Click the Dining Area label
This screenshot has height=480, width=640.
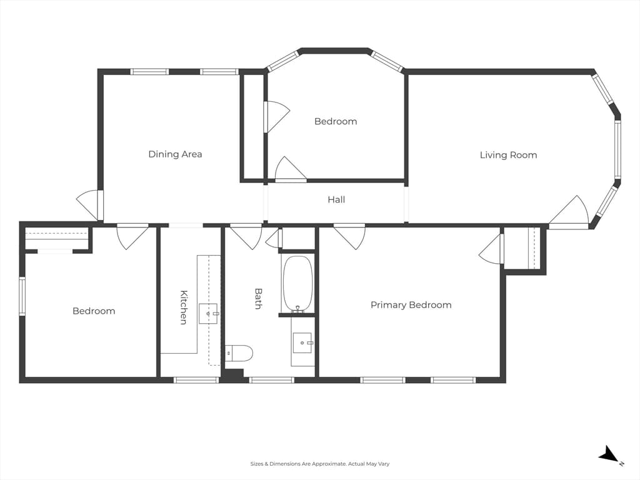tap(175, 154)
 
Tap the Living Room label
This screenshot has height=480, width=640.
tap(508, 155)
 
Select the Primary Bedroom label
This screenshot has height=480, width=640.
tap(411, 305)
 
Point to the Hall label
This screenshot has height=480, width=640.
tap(336, 199)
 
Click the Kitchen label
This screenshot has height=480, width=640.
tap(184, 307)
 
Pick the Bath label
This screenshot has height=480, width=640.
tap(258, 298)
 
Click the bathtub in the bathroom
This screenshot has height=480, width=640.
tap(298, 284)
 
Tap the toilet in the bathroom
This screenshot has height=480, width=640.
tap(239, 354)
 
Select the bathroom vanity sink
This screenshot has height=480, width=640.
tap(302, 342)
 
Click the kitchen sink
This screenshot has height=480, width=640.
tap(208, 314)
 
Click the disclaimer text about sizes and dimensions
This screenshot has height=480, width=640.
tap(320, 464)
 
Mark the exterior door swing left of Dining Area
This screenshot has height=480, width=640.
tap(90, 205)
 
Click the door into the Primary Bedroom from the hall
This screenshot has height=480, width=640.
tap(349, 236)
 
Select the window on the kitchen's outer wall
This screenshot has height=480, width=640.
tap(196, 380)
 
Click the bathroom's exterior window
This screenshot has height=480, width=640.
tap(272, 380)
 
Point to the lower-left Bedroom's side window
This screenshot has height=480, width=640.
tap(22, 296)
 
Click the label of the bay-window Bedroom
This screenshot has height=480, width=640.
tap(336, 121)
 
